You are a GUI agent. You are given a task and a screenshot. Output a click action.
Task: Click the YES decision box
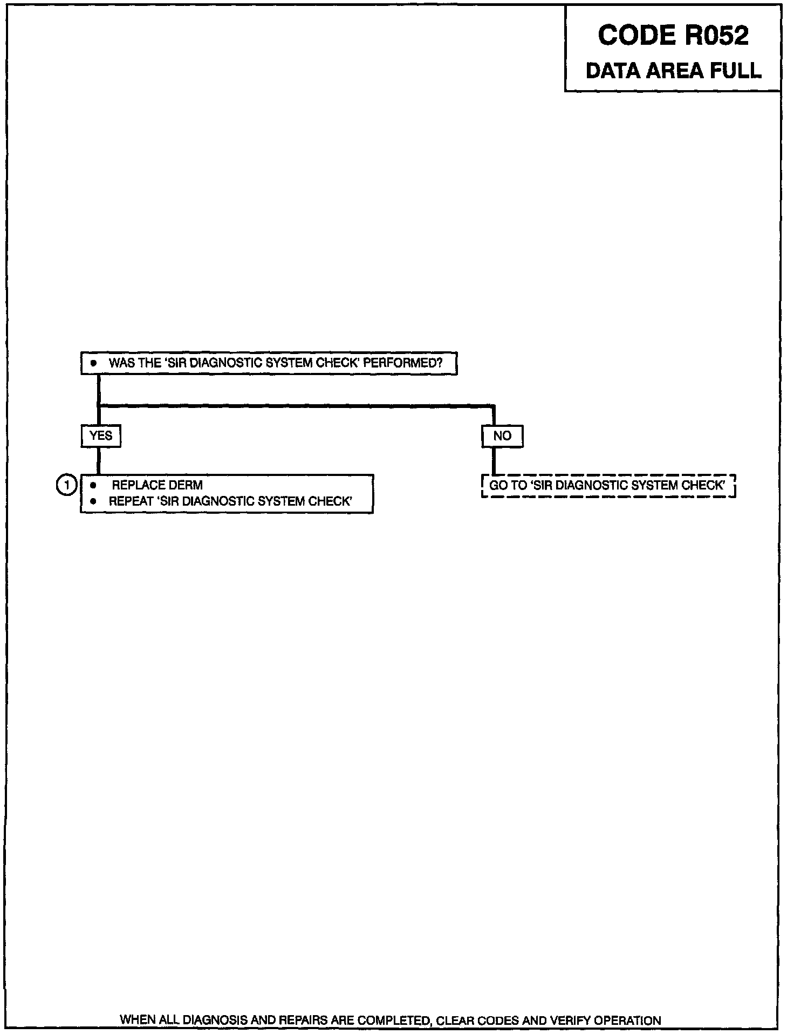click(101, 436)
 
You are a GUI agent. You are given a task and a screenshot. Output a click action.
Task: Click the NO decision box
click(502, 436)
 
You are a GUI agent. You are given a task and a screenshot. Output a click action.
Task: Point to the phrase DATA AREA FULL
click(673, 71)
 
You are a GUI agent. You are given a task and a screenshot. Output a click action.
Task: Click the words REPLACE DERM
click(157, 485)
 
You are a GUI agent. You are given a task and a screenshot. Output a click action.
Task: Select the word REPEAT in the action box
click(131, 501)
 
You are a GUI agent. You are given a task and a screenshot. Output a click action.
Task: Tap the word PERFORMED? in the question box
click(402, 363)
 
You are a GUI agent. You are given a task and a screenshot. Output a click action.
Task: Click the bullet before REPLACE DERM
click(93, 485)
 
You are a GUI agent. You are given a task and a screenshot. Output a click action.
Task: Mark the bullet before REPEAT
click(93, 501)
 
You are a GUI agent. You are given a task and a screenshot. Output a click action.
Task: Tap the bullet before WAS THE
click(93, 363)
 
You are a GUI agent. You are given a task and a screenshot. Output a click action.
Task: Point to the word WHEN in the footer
click(138, 1021)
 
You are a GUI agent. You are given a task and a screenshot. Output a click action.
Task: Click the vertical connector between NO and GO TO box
click(494, 461)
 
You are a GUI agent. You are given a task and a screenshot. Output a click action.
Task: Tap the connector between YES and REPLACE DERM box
click(99, 461)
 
